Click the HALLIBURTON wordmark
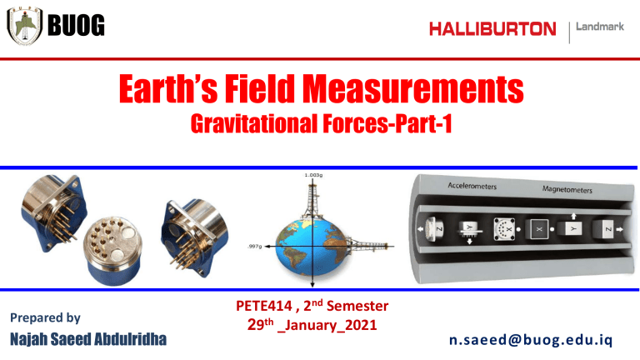(492, 30)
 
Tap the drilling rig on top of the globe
(312, 200)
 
